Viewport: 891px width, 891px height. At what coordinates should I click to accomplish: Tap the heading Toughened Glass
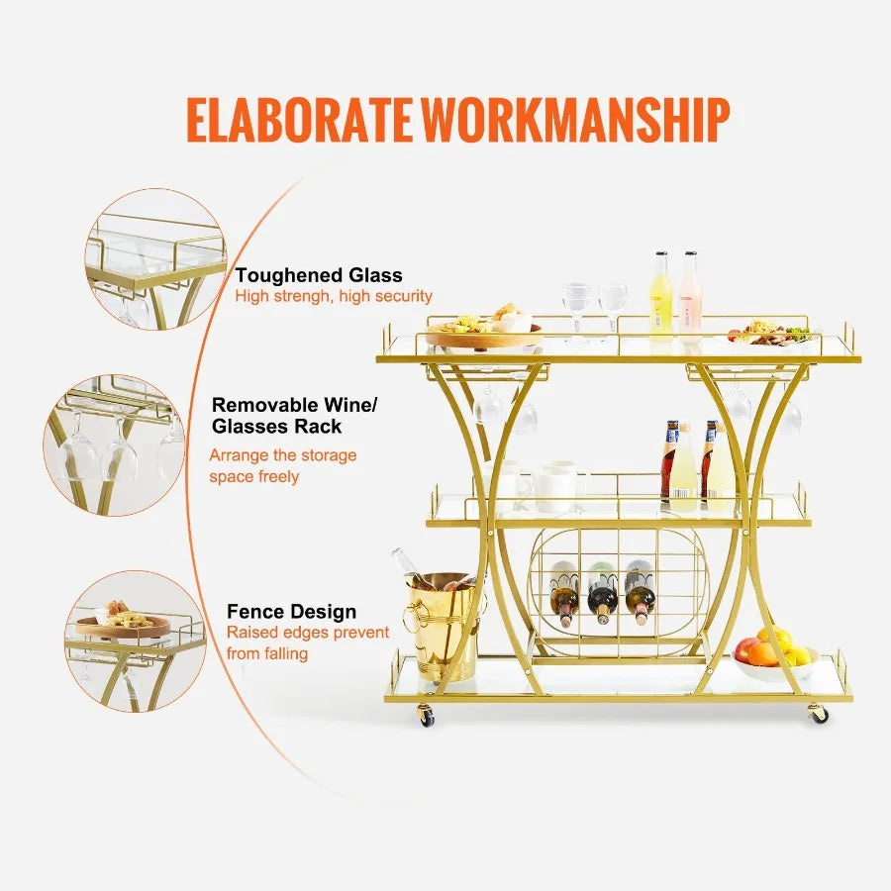(x=318, y=275)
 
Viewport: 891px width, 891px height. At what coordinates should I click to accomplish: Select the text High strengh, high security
(x=333, y=296)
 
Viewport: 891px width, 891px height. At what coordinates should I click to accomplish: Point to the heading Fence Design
(x=291, y=612)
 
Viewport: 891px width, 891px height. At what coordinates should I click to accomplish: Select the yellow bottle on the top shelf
(x=661, y=294)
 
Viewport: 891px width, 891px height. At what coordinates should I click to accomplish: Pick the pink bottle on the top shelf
(x=690, y=294)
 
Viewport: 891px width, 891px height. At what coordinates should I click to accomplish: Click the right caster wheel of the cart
(x=819, y=713)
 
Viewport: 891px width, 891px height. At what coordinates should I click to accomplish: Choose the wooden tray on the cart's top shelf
(x=483, y=334)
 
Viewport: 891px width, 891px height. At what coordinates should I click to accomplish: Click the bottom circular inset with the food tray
(x=137, y=640)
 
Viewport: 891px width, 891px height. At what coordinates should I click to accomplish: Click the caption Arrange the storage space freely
(x=282, y=466)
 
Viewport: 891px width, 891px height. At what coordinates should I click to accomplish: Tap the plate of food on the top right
(x=769, y=334)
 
